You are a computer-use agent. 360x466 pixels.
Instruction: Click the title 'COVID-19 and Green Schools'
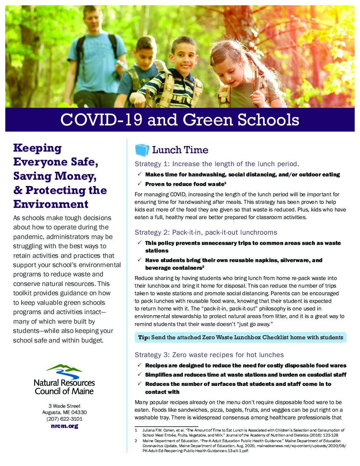(x=180, y=120)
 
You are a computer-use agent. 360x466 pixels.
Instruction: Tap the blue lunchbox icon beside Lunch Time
(x=142, y=150)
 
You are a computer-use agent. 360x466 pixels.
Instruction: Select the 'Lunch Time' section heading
(x=180, y=150)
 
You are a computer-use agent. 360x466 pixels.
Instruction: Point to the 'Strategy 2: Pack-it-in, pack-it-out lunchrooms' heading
(x=206, y=232)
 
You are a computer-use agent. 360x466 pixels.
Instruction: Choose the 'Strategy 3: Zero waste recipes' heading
(x=209, y=355)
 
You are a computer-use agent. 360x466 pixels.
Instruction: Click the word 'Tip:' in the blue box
(x=144, y=338)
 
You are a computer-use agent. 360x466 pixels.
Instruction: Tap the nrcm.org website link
(x=65, y=426)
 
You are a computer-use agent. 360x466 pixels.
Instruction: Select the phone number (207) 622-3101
(x=65, y=419)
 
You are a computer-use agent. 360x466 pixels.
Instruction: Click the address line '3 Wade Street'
(x=65, y=406)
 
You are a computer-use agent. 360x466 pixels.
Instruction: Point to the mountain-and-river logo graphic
(x=64, y=371)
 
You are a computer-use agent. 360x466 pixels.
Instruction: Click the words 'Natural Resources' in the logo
(x=64, y=383)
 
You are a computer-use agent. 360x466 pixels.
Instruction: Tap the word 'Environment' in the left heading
(x=51, y=204)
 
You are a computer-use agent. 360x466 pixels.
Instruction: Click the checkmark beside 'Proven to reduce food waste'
(x=140, y=184)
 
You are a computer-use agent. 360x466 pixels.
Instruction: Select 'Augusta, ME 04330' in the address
(x=65, y=412)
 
